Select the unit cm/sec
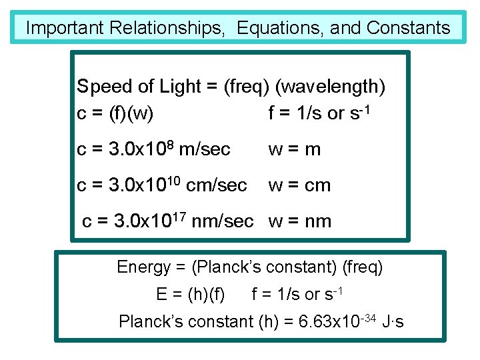coord(217,185)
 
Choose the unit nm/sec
coord(223,221)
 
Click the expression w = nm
coord(299,221)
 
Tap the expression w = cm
coord(299,185)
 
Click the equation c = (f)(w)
coord(115,114)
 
